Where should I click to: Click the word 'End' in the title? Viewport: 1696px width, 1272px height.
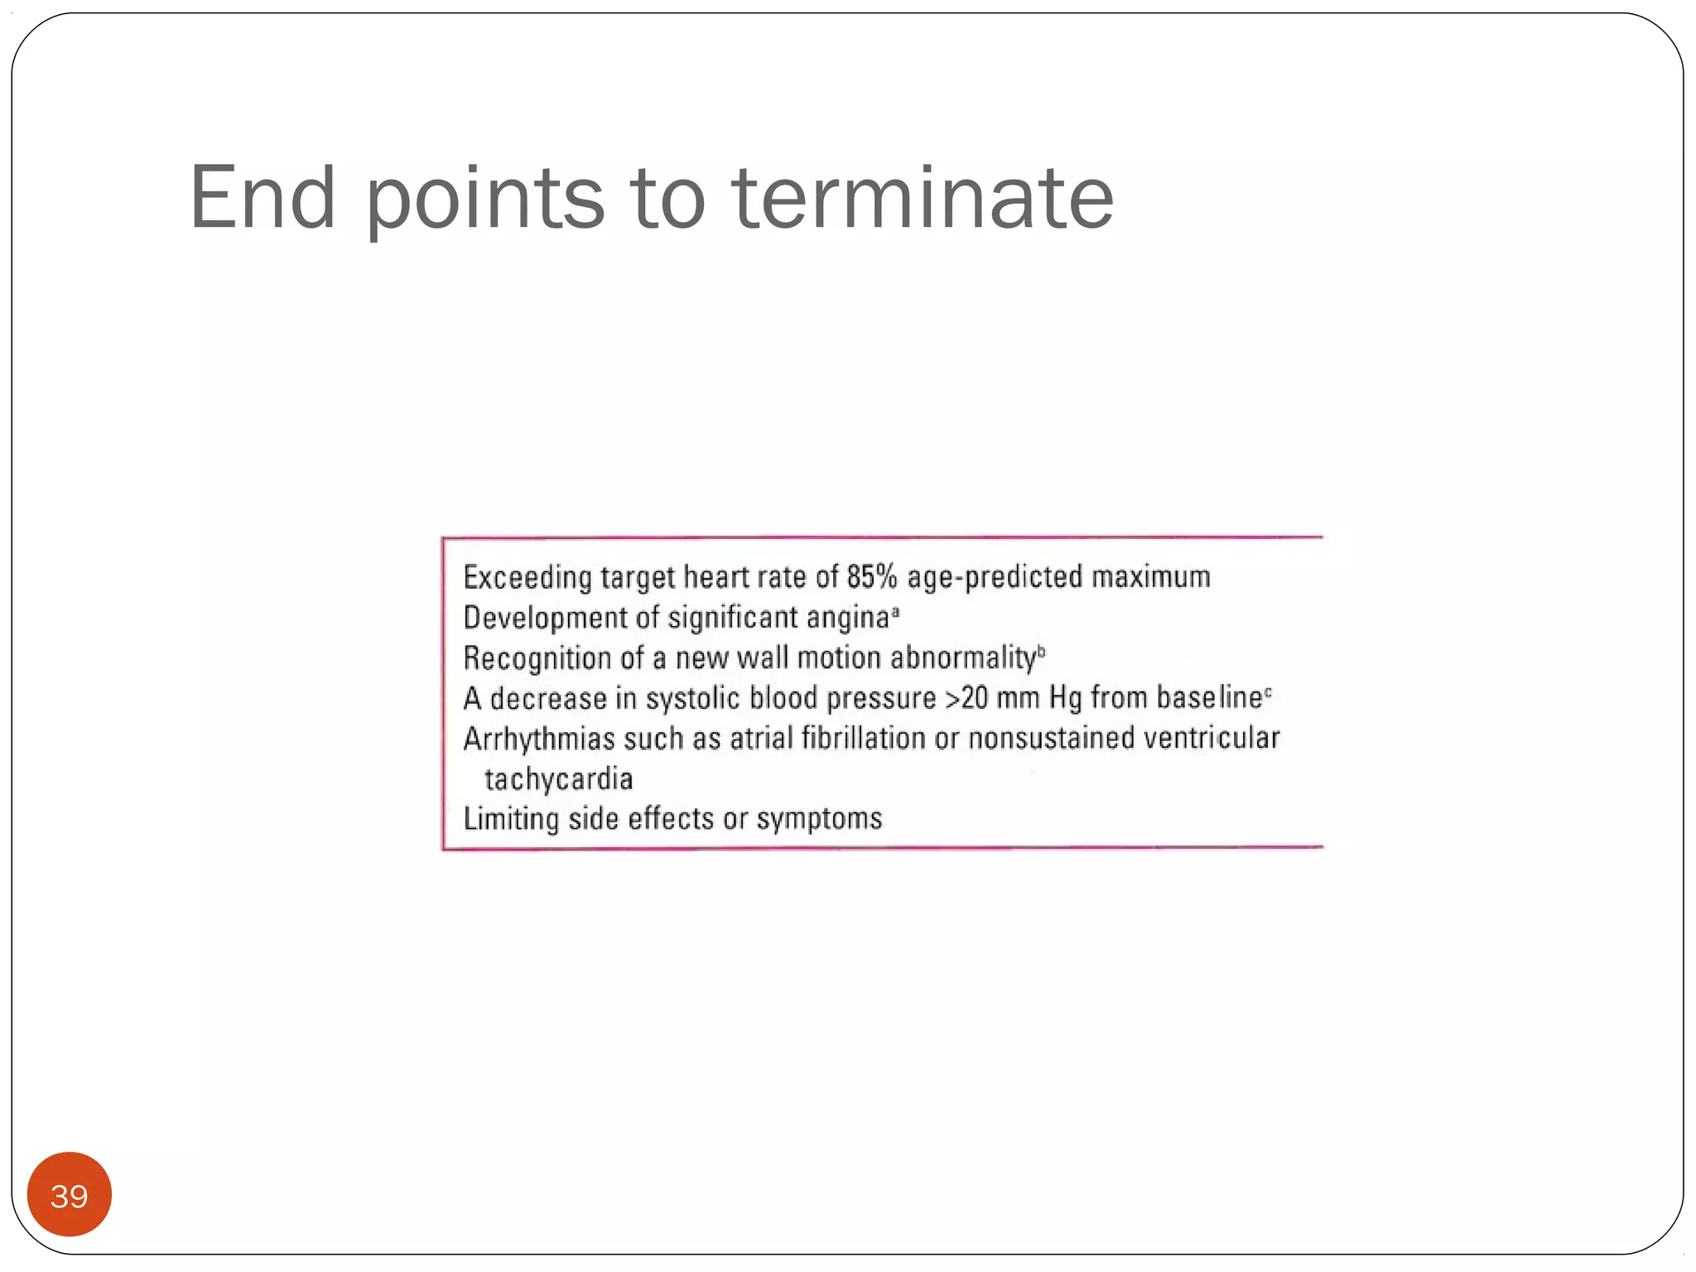coord(263,198)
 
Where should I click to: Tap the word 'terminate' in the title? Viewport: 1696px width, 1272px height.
coord(923,198)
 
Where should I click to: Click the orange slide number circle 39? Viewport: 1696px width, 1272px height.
coord(70,1195)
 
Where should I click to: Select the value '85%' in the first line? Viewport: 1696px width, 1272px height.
coord(872,576)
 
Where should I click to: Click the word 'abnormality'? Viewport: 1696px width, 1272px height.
coord(963,658)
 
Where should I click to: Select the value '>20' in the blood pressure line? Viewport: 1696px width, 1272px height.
coord(966,698)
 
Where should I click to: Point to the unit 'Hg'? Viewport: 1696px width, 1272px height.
coord(1065,698)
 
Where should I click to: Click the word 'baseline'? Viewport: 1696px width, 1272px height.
coord(1209,697)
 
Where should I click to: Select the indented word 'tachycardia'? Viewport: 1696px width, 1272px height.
coord(559,779)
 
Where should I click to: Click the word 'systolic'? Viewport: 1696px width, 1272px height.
coord(692,698)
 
